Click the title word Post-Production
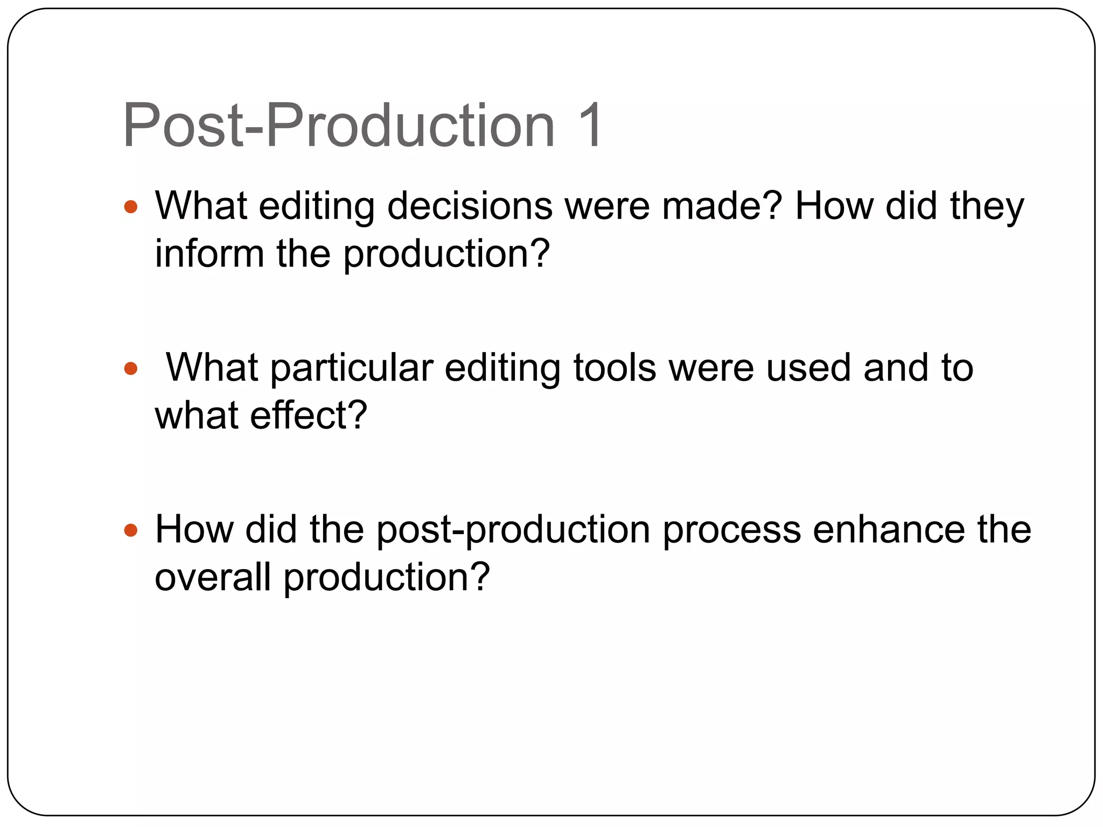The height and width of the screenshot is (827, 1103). point(338,126)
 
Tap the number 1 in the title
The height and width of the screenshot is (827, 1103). point(589,126)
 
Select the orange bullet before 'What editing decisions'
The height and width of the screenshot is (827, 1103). point(131,207)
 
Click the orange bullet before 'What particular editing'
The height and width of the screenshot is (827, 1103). point(131,369)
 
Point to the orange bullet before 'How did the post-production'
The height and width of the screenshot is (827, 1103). point(131,531)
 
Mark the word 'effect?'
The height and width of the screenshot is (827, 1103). point(309,415)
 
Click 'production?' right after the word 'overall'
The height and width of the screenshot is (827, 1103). point(387,578)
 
